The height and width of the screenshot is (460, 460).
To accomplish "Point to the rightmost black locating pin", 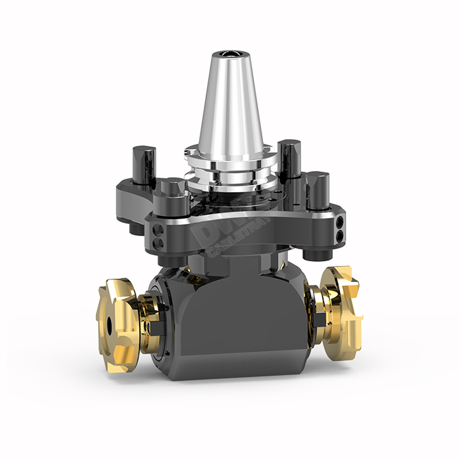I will point(316,190).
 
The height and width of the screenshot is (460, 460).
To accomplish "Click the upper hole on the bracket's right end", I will point(341,220).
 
